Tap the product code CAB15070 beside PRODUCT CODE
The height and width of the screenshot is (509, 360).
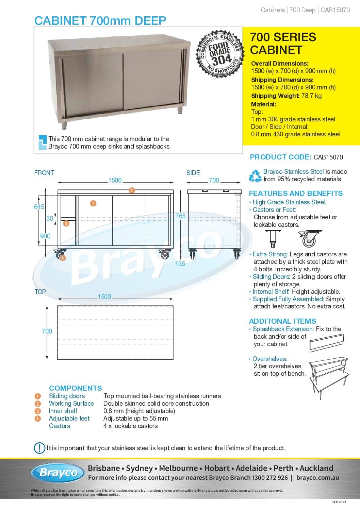click(328, 157)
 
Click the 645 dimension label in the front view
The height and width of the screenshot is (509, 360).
click(39, 207)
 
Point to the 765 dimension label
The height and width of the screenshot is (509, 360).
click(180, 216)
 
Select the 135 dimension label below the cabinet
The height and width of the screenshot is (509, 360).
click(180, 263)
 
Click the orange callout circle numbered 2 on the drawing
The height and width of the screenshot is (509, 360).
click(132, 190)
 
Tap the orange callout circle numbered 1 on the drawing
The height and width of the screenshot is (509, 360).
click(93, 203)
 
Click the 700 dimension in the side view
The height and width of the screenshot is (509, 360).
click(214, 180)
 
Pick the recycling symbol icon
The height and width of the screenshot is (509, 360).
click(255, 175)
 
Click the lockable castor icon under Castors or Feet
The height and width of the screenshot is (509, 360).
click(310, 238)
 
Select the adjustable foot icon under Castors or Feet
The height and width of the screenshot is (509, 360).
click(273, 238)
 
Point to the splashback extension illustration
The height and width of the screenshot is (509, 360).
click(327, 343)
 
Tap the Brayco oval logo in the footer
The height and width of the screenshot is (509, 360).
click(58, 473)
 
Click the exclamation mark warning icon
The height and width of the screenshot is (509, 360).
click(39, 448)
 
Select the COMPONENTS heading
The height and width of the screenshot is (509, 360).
click(75, 388)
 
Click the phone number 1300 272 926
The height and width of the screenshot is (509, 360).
click(270, 477)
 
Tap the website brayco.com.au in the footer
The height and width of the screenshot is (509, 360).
click(317, 477)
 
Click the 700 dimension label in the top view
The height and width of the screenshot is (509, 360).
click(47, 331)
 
